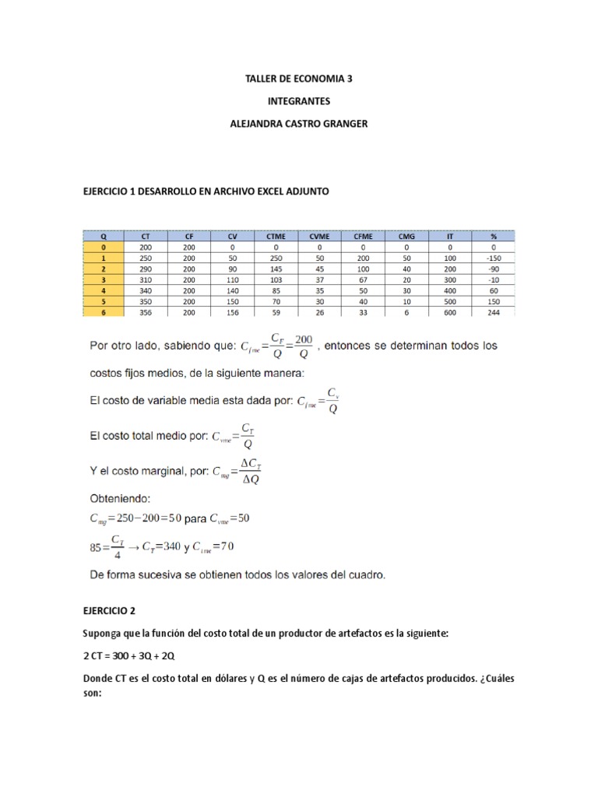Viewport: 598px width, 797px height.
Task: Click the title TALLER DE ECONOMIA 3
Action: pyautogui.click(x=299, y=79)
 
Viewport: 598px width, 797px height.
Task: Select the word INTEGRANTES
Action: pyautogui.click(x=299, y=101)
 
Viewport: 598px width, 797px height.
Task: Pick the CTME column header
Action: pyautogui.click(x=276, y=235)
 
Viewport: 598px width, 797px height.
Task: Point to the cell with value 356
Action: pyautogui.click(x=146, y=311)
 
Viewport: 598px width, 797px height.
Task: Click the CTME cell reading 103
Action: pyautogui.click(x=276, y=279)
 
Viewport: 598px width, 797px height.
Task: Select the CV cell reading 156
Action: pyautogui.click(x=232, y=311)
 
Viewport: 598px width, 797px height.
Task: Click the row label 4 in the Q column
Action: pyautogui.click(x=103, y=290)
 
